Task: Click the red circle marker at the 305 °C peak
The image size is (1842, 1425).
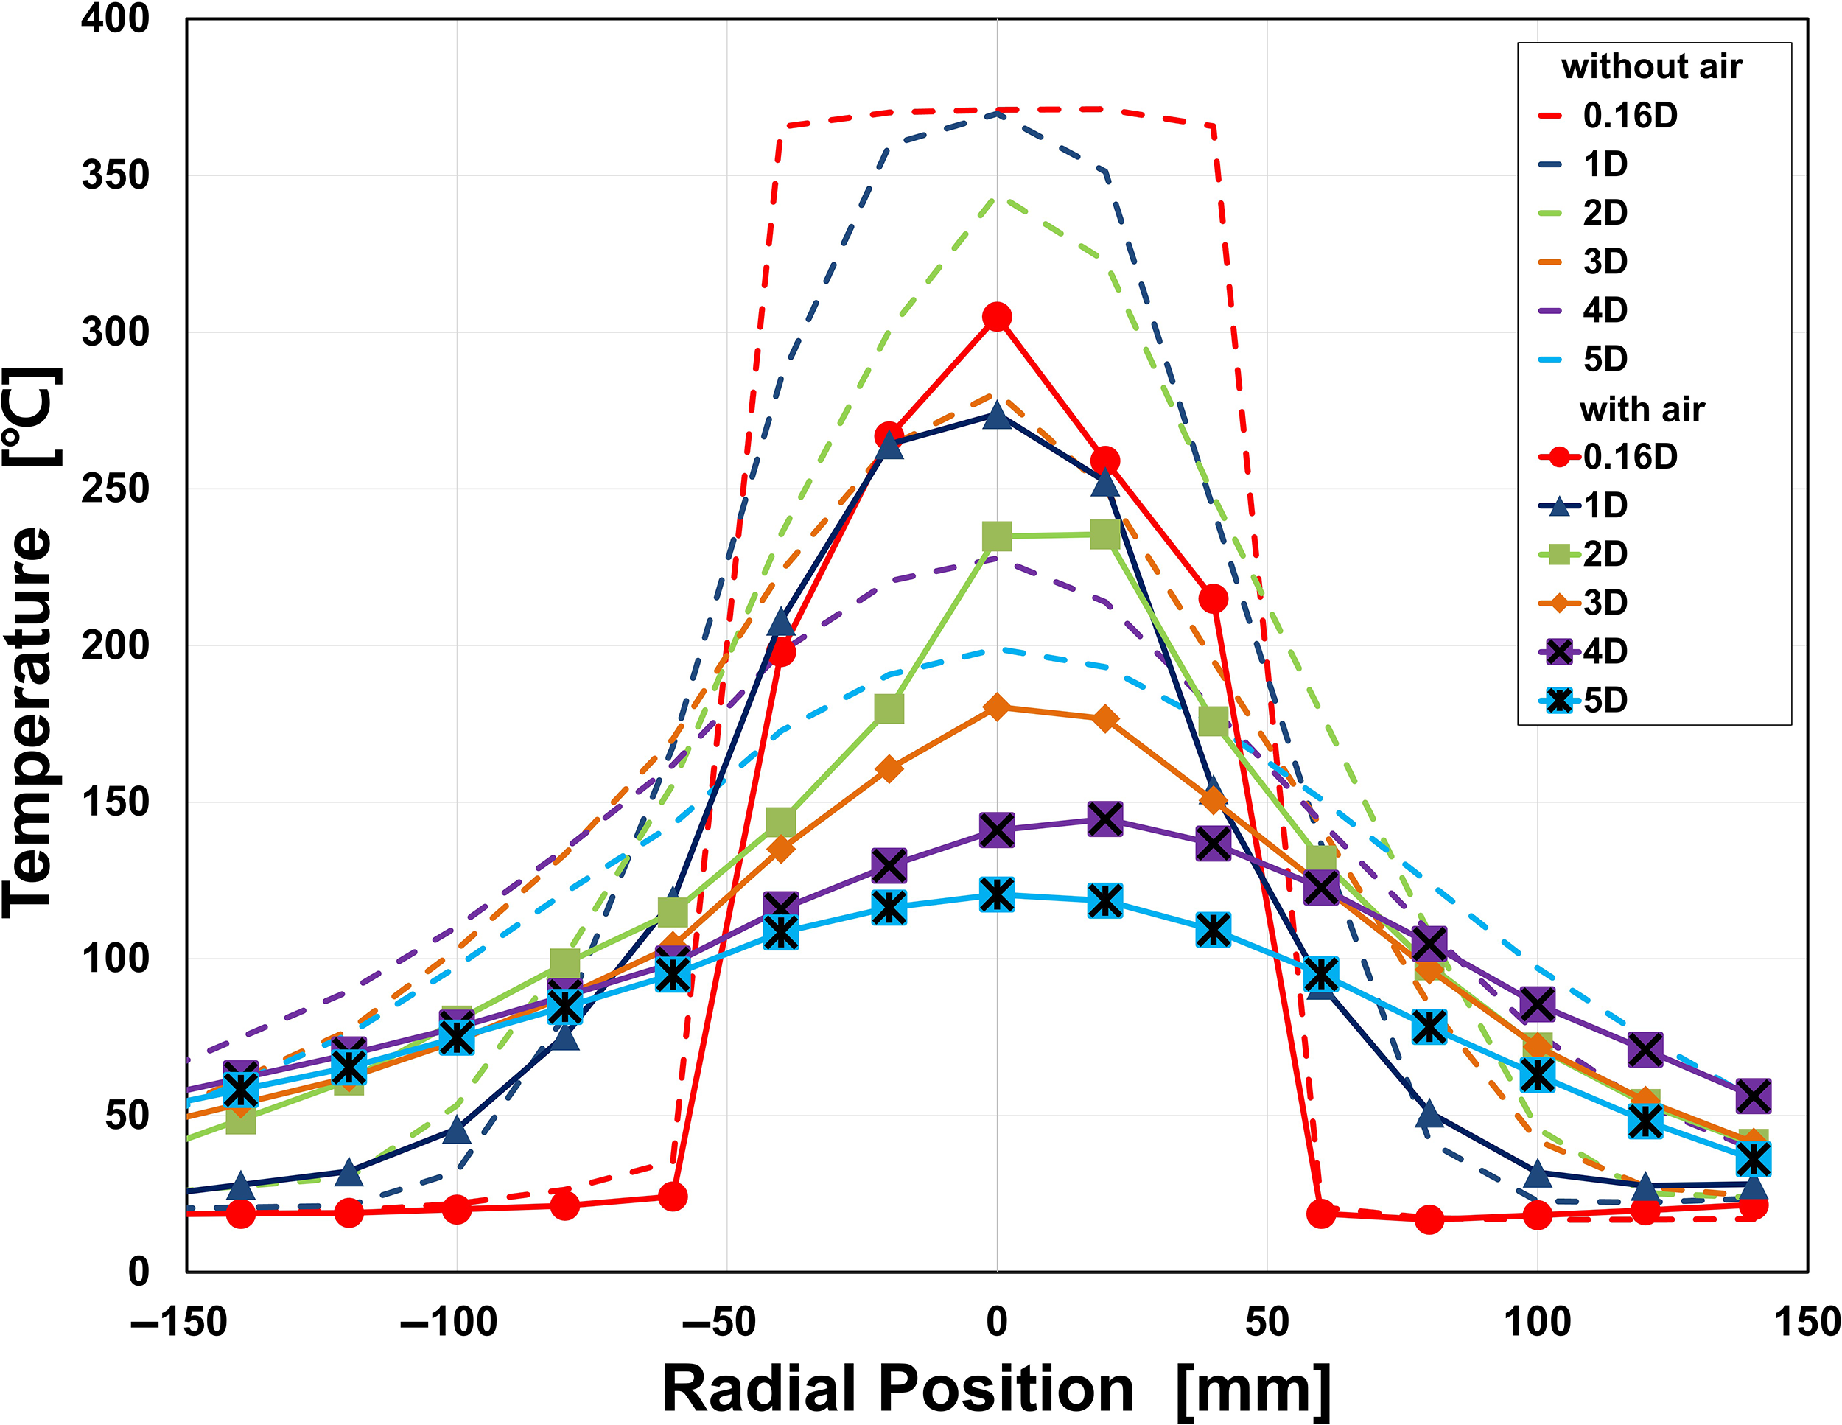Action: pos(997,317)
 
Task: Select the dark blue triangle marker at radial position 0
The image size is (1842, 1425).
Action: pos(997,416)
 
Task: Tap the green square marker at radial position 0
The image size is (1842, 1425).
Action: pos(997,536)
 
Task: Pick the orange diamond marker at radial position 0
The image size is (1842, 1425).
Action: pos(997,707)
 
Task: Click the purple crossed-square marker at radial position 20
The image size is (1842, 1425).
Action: pos(1105,819)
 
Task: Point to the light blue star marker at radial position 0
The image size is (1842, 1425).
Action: pos(997,894)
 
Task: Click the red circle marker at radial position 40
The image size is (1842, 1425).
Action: pos(1213,599)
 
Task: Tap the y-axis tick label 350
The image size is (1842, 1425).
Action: pos(116,175)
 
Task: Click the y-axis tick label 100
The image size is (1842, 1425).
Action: pos(116,959)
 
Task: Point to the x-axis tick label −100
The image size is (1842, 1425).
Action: pos(448,1322)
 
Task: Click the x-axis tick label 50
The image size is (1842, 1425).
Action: pos(1267,1322)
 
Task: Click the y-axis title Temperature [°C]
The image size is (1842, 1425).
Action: pos(32,641)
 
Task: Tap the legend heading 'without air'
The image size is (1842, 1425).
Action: pos(1650,66)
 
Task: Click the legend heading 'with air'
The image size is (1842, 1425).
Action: pos(1642,410)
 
